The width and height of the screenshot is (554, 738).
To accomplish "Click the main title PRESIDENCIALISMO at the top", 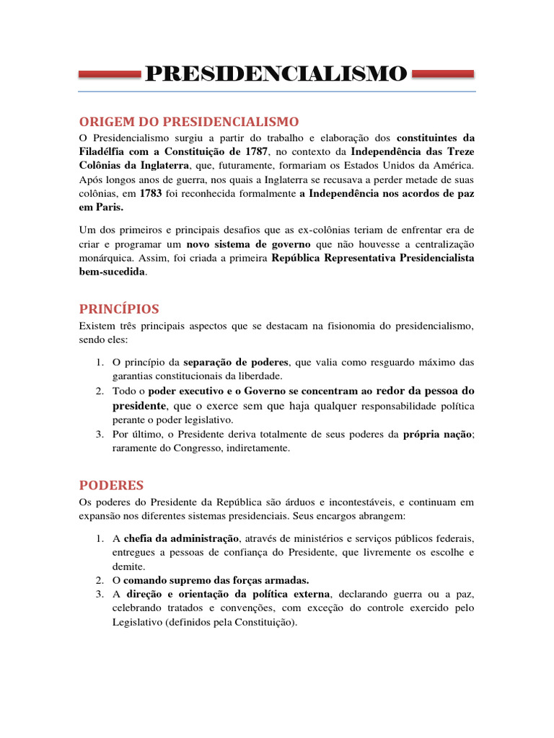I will tap(276, 74).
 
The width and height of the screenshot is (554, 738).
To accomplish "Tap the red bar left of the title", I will tap(109, 74).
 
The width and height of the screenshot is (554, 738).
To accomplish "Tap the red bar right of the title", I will tap(442, 74).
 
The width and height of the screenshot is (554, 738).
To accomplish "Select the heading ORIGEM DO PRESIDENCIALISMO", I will tap(189, 120).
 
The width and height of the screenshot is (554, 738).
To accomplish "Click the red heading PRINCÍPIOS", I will tap(119, 309).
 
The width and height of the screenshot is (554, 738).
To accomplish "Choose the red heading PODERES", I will tap(112, 485).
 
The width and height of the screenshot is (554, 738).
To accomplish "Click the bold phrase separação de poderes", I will tap(236, 362).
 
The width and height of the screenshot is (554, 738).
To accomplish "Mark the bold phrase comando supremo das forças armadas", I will tap(216, 580).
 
